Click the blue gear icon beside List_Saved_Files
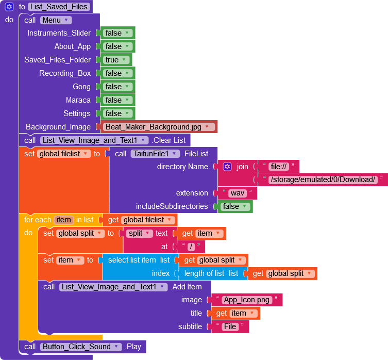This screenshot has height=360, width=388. pyautogui.click(x=9, y=7)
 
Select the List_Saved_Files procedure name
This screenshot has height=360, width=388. pyautogui.click(x=59, y=7)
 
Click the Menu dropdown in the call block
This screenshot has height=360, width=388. pyautogui.click(x=56, y=20)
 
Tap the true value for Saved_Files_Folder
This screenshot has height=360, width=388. pyautogui.click(x=115, y=60)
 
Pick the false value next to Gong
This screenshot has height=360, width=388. pyautogui.click(x=117, y=87)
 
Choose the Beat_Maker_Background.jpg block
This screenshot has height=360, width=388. pyautogui.click(x=159, y=127)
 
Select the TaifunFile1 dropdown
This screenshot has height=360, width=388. pyautogui.click(x=155, y=154)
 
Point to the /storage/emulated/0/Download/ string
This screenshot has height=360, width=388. pyautogui.click(x=323, y=179)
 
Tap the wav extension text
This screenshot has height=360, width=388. pyautogui.click(x=237, y=193)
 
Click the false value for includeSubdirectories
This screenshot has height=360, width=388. pyautogui.click(x=234, y=206)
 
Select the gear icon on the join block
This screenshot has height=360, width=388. pyautogui.click(x=227, y=167)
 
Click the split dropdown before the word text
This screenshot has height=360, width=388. pyautogui.click(x=139, y=233)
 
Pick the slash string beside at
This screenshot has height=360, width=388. pyautogui.click(x=190, y=247)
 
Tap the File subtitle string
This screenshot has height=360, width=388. pyautogui.click(x=230, y=326)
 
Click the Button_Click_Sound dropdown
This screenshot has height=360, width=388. pyautogui.click(x=80, y=347)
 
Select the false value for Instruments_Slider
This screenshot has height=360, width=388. pyautogui.click(x=117, y=33)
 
